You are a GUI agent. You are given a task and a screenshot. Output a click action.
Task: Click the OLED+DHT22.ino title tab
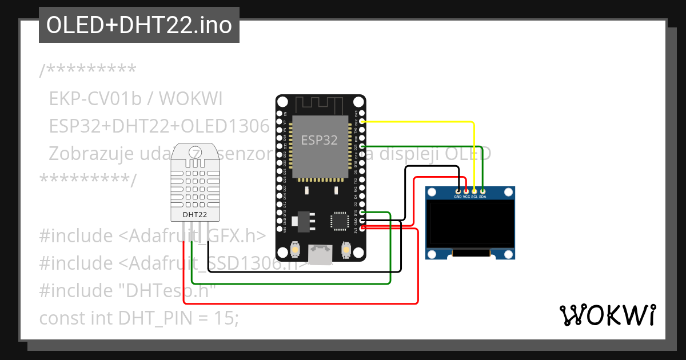tap(139, 25)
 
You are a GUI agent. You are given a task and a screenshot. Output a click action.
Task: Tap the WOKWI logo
tap(607, 315)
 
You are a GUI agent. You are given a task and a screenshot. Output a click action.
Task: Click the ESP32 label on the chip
tap(319, 139)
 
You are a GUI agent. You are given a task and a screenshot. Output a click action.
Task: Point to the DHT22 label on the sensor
tap(194, 215)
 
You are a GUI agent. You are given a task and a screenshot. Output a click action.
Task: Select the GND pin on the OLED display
tap(458, 191)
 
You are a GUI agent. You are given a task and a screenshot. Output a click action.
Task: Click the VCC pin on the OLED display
tap(466, 191)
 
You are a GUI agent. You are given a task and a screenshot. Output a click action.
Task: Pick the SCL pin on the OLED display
tap(474, 191)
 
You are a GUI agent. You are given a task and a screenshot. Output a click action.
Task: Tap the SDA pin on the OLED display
tap(483, 191)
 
